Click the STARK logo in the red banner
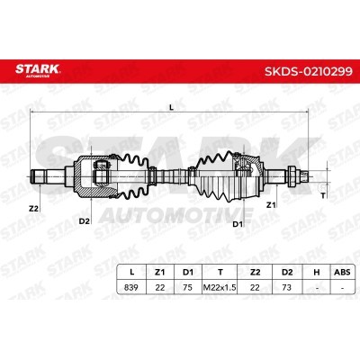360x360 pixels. tap(38, 70)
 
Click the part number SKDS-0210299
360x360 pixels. tap(309, 71)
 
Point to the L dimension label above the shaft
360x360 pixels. tap(171, 107)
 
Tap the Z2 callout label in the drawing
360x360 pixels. tap(33, 209)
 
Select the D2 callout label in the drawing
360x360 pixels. tap(85, 221)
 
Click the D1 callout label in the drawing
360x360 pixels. tap(238, 224)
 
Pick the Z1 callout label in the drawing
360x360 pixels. tap(271, 205)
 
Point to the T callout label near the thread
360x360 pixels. tap(323, 196)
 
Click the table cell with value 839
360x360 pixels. tap(131, 287)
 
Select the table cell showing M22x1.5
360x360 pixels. tap(220, 287)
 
